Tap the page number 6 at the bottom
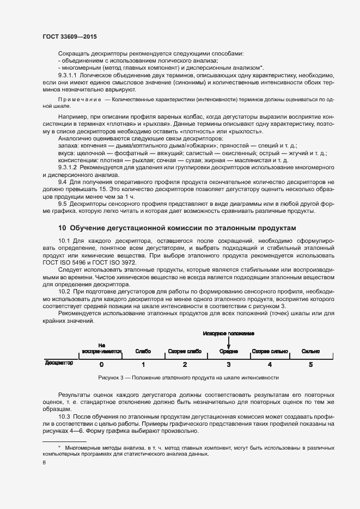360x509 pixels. pyautogui.click(x=44, y=463)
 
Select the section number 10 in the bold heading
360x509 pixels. pyautogui.click(x=62, y=228)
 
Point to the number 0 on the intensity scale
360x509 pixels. pyautogui.click(x=102, y=364)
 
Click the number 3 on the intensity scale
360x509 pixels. pyautogui.click(x=229, y=364)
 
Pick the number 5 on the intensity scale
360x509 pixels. pyautogui.click(x=310, y=364)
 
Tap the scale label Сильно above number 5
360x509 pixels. pyautogui.click(x=310, y=352)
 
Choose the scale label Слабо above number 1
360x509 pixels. pyautogui.click(x=143, y=352)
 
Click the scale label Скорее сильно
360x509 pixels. pyautogui.click(x=270, y=352)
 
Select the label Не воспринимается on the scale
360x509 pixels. pyautogui.click(x=102, y=348)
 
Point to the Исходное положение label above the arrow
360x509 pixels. pyautogui.click(x=229, y=333)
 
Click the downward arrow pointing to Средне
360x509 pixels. pyautogui.click(x=229, y=342)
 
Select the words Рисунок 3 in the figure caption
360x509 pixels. pyautogui.click(x=112, y=377)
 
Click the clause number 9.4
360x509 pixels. pyautogui.click(x=63, y=181)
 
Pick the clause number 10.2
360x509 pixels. pyautogui.click(x=64, y=292)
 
